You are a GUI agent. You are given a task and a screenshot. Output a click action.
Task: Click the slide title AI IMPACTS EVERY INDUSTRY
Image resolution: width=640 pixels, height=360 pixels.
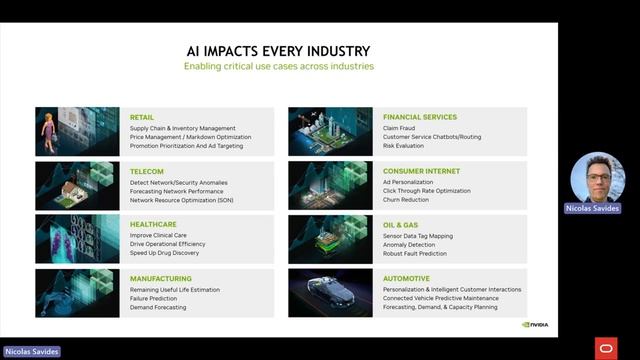[x=278, y=51]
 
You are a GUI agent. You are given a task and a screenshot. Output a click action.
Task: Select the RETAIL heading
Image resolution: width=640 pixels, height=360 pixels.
[x=142, y=117]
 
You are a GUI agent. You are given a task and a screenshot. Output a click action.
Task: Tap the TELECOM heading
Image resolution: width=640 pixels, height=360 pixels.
[x=146, y=171]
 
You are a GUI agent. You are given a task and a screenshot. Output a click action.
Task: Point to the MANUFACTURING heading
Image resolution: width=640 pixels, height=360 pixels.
[x=161, y=279]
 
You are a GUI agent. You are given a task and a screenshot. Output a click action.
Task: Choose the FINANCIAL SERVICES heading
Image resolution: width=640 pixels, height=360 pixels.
[x=420, y=117]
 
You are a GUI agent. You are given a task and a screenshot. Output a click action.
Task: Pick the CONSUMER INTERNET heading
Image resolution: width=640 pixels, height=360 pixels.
[x=421, y=171]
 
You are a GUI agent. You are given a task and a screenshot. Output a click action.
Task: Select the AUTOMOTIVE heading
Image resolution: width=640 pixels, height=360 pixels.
[x=406, y=279]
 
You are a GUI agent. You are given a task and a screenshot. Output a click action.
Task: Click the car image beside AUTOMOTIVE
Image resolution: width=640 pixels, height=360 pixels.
[x=330, y=293]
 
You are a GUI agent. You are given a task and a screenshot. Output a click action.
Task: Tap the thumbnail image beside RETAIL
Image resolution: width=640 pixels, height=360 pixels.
[x=77, y=131]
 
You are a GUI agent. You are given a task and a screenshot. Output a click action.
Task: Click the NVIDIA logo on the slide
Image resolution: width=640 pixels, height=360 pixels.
[x=535, y=324]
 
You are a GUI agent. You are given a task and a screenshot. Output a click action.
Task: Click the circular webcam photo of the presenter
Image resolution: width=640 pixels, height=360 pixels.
[x=597, y=178]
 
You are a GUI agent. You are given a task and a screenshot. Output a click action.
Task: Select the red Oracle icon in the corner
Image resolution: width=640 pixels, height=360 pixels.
[x=605, y=347]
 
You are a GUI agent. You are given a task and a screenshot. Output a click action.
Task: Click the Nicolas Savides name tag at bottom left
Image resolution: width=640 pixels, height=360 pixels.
[x=31, y=352]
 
